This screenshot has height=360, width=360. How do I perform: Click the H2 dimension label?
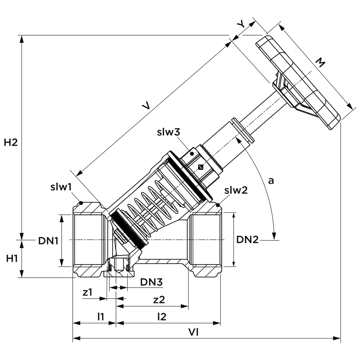[x=10, y=143]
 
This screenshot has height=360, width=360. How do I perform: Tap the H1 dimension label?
[x=12, y=259]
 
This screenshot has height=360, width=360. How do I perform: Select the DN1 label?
[x=48, y=241]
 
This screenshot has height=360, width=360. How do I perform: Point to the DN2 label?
[x=247, y=240]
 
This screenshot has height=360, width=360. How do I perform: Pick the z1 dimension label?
[x=87, y=292]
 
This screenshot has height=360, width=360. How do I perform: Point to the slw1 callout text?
[x=61, y=187]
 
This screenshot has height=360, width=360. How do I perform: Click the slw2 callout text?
[x=236, y=190]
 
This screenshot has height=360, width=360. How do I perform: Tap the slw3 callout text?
[x=168, y=132]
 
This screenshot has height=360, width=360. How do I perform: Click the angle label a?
[x=271, y=181]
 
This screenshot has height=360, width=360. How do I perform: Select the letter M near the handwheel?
[x=320, y=63]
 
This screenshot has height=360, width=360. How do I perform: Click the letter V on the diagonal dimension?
[x=146, y=106]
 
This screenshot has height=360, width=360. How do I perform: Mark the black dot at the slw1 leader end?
[x=81, y=203]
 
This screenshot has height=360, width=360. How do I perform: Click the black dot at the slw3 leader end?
[x=192, y=154]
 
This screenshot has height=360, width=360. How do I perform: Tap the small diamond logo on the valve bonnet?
[x=201, y=167]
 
